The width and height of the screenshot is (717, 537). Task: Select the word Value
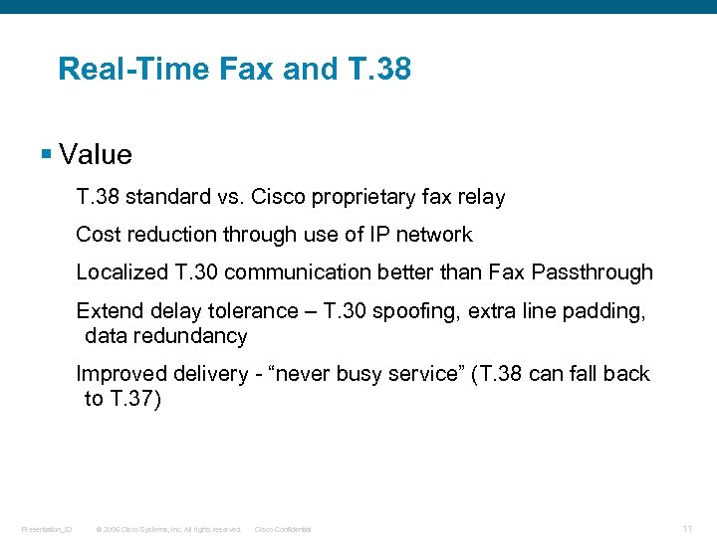tap(96, 155)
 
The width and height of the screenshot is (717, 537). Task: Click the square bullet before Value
tap(46, 154)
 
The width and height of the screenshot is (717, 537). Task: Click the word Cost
tap(98, 235)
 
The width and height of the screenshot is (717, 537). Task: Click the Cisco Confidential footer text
tap(283, 529)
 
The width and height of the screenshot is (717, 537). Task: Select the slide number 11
tap(687, 528)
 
